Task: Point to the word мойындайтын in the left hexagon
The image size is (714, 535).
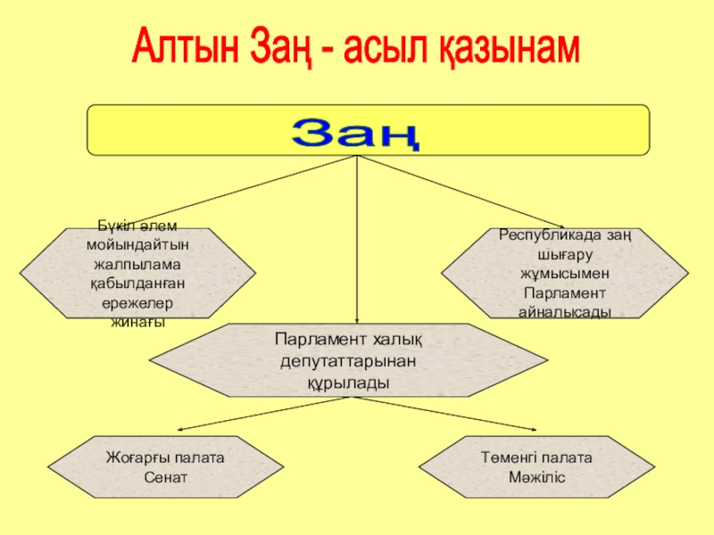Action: click(138, 243)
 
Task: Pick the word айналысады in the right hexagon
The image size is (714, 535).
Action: click(564, 312)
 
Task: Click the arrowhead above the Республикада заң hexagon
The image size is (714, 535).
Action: click(560, 226)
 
